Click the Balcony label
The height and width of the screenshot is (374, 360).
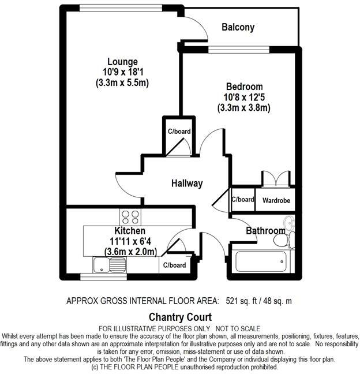(238, 27)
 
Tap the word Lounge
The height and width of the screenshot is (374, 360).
(122, 61)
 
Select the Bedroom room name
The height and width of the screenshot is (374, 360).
(244, 87)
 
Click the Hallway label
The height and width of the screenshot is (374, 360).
(187, 184)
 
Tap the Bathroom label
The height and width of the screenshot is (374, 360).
(266, 231)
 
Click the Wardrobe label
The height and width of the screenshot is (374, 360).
(276, 200)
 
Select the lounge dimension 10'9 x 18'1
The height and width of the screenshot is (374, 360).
(123, 72)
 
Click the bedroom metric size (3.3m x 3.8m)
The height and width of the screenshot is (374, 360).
(244, 107)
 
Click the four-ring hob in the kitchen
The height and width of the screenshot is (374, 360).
(131, 218)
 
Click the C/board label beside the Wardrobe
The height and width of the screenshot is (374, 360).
(242, 200)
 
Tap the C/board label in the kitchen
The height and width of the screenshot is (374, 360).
(174, 265)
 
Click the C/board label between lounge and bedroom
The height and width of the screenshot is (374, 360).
(179, 132)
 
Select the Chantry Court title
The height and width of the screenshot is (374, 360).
(180, 317)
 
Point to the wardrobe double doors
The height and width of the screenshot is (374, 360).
(275, 178)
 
